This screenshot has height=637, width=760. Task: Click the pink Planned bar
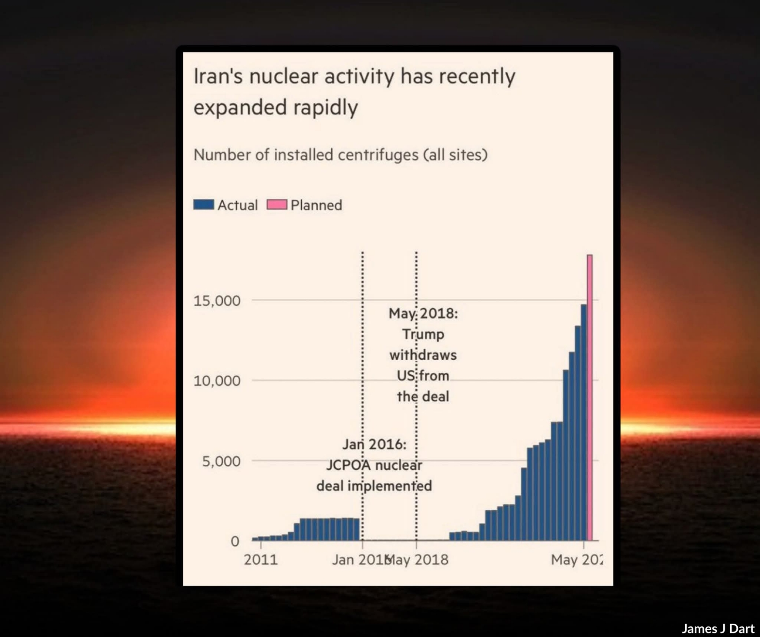[589, 397]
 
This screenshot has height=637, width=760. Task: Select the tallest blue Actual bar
[584, 422]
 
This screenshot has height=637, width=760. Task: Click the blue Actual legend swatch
[203, 205]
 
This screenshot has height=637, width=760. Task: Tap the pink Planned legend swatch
[277, 205]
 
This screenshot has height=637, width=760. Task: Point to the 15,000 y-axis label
[217, 301]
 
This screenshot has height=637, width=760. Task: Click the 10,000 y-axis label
[217, 381]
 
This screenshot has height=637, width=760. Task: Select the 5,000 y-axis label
[221, 461]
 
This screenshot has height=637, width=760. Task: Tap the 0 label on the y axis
[235, 541]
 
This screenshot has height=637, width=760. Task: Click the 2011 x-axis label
[261, 560]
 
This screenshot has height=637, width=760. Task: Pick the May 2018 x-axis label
[418, 560]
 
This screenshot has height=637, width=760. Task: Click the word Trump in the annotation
[423, 334]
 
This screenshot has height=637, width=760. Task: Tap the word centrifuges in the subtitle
[378, 155]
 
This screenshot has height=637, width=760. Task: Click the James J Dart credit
[718, 628]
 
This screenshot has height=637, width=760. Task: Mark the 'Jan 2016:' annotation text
[374, 444]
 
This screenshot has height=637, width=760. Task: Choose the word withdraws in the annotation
[423, 355]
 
